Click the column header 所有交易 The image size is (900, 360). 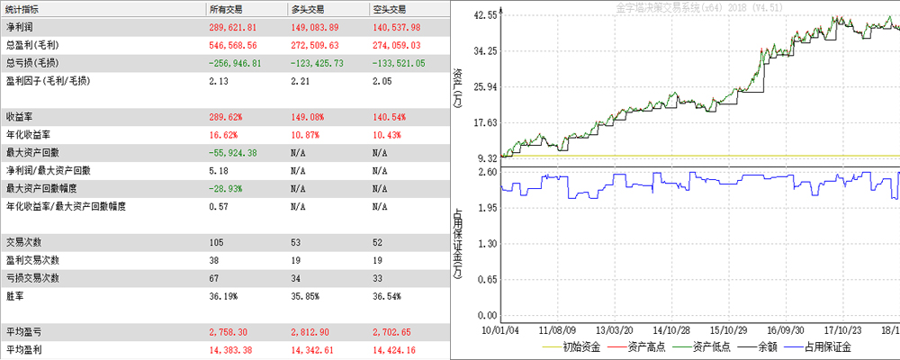point(226,9)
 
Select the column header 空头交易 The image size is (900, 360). point(390,9)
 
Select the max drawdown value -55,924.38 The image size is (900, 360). point(233,153)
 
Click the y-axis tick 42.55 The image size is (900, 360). point(485,15)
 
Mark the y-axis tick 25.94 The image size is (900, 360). point(485,87)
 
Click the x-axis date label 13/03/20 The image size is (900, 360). point(616,330)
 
